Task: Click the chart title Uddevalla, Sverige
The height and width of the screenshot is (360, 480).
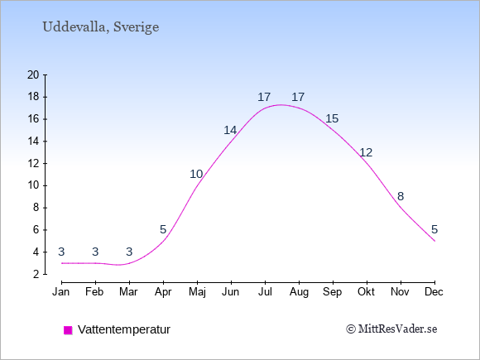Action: tap(101, 27)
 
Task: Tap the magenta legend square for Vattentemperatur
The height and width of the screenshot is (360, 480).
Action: tap(68, 330)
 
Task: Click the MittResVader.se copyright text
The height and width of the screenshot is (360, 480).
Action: tap(391, 329)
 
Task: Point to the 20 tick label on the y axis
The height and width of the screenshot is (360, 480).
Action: tap(33, 74)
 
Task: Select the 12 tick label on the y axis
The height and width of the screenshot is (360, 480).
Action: tap(33, 164)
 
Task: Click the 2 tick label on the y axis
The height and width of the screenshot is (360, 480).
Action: tap(36, 274)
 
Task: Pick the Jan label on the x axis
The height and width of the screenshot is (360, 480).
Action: tap(61, 292)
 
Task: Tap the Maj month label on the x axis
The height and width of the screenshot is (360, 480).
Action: tap(197, 292)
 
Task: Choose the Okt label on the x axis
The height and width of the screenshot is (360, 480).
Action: tap(366, 292)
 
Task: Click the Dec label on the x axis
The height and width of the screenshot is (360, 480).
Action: tap(434, 292)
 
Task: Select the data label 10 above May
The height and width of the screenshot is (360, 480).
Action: tap(196, 174)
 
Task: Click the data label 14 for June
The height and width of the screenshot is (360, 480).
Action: tap(230, 131)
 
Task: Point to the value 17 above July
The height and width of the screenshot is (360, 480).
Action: tap(264, 98)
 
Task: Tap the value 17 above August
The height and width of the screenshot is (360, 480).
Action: tap(298, 98)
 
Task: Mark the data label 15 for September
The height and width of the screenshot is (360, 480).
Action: tap(332, 119)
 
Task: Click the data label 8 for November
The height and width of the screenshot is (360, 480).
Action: tap(401, 196)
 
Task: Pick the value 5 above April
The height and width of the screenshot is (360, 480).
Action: tap(163, 229)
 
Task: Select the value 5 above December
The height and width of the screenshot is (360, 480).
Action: tap(434, 229)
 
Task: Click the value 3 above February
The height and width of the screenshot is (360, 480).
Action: tap(95, 252)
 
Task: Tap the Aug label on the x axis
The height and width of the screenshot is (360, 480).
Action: tap(299, 292)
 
